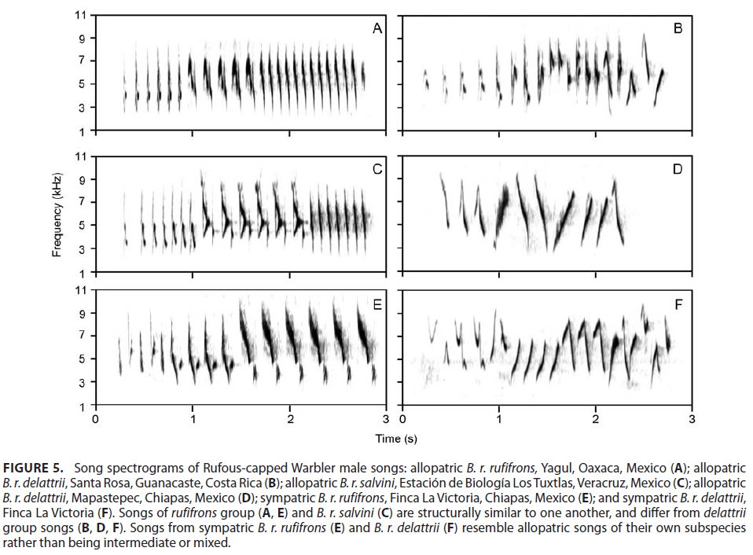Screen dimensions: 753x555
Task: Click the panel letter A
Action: (x=377, y=29)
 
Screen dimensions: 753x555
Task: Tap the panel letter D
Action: (x=677, y=170)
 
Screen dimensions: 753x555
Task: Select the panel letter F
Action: (x=678, y=305)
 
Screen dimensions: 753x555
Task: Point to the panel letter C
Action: (x=377, y=170)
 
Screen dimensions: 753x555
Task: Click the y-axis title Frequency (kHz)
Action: (x=57, y=215)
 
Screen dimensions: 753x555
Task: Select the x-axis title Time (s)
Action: (x=396, y=439)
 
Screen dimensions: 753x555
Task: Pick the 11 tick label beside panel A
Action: (x=80, y=15)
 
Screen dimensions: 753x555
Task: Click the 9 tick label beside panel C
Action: (x=82, y=179)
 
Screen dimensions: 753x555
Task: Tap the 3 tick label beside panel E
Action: (x=82, y=383)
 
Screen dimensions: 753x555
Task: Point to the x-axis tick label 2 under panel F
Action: (x=596, y=419)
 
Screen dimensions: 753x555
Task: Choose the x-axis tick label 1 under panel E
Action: (x=193, y=419)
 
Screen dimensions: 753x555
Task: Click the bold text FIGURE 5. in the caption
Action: (x=33, y=468)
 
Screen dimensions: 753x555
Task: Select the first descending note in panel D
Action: (x=445, y=200)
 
